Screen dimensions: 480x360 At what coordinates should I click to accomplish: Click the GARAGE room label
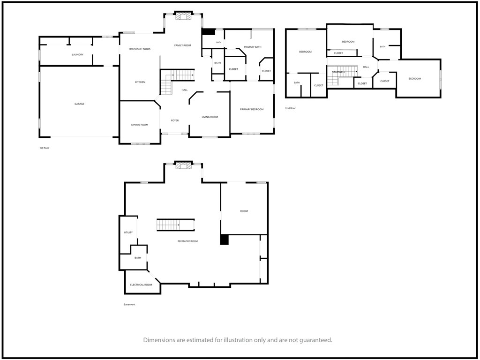(79, 104)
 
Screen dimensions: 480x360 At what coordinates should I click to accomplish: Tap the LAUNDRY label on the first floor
(77, 55)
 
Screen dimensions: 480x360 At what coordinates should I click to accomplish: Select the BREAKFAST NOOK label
(140, 49)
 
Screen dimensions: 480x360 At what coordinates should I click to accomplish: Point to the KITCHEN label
(140, 82)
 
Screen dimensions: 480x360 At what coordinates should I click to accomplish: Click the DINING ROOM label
(140, 125)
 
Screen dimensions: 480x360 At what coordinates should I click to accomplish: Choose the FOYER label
(175, 120)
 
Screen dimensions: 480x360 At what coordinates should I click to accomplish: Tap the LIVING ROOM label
(210, 117)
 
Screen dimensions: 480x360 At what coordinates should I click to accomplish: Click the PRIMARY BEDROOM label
(252, 109)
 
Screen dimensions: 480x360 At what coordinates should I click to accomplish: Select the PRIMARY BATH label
(253, 47)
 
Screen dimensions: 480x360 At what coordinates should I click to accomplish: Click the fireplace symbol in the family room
(183, 16)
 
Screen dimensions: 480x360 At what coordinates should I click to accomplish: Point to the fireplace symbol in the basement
(183, 165)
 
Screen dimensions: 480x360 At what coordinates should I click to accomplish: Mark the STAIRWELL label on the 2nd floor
(338, 72)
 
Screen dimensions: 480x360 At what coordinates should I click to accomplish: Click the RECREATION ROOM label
(187, 241)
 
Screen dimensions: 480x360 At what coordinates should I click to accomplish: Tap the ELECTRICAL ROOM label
(141, 285)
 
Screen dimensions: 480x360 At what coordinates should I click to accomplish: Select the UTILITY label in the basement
(128, 232)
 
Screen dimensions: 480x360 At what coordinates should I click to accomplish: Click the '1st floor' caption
(45, 148)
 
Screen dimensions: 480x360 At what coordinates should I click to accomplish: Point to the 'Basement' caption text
(129, 305)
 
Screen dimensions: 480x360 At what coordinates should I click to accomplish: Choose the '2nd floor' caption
(291, 108)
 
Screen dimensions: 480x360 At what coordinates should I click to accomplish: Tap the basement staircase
(176, 225)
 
